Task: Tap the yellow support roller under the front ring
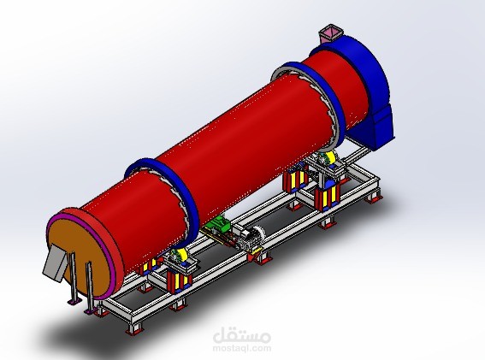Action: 180,257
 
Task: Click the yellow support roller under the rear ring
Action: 326,159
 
